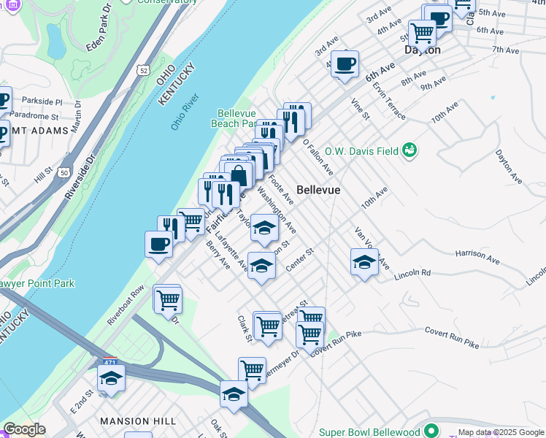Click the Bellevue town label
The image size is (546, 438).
tap(318, 190)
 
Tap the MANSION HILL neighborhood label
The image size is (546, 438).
tap(137, 421)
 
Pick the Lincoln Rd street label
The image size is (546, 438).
tap(412, 275)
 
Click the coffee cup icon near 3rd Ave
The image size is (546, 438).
tap(345, 64)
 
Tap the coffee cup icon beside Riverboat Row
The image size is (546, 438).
tap(158, 245)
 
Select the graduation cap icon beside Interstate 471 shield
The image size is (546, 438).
tap(111, 377)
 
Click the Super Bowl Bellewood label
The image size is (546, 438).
tap(372, 431)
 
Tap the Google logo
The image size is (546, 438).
tap(23, 429)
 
